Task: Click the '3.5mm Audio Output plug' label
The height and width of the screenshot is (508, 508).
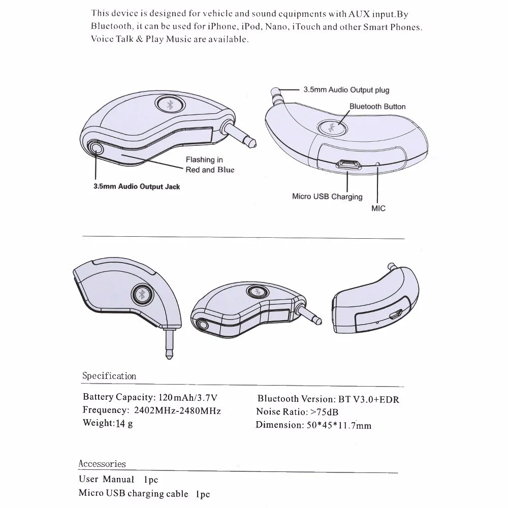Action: tap(346, 90)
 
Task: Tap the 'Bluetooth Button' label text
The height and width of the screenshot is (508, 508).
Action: tap(377, 107)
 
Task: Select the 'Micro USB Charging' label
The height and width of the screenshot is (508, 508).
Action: tap(327, 197)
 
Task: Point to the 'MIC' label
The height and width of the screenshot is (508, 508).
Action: tap(378, 208)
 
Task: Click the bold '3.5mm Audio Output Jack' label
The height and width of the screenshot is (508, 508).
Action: tap(137, 186)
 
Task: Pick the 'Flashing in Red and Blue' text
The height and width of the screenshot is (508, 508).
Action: tap(209, 165)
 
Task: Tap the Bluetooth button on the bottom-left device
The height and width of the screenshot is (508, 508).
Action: tap(140, 295)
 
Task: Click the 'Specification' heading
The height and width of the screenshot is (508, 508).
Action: tap(109, 376)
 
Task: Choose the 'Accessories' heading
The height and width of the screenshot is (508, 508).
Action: tap(102, 464)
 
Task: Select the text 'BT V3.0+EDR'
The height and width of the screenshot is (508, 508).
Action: tap(365, 399)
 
